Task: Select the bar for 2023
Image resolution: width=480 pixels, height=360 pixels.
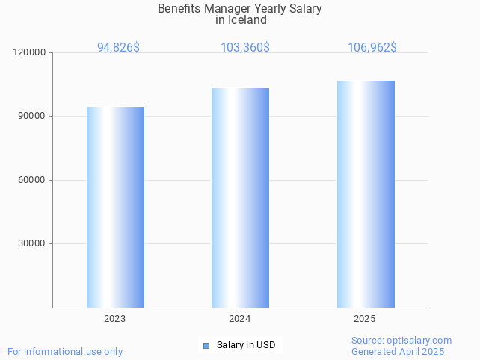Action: [x=115, y=207]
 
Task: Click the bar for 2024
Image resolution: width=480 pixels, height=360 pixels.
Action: [x=240, y=198]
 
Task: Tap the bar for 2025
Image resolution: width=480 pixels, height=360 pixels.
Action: [x=366, y=194]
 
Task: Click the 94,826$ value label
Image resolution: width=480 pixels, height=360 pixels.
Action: [x=118, y=47]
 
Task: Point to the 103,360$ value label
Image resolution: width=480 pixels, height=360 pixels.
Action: [x=245, y=47]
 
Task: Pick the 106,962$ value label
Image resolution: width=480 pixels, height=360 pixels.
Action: [x=372, y=47]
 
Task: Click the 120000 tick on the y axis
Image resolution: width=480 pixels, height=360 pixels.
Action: [x=30, y=52]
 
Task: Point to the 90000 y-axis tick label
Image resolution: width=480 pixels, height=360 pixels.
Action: [x=32, y=117]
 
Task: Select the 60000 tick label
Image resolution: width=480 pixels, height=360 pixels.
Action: [x=32, y=180]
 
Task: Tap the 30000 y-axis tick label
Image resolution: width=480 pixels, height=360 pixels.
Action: [x=32, y=243]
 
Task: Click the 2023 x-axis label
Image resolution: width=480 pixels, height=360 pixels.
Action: [x=115, y=319]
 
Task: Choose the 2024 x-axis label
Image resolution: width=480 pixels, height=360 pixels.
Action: [x=240, y=319]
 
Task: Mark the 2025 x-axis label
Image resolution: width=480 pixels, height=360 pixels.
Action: [x=365, y=319]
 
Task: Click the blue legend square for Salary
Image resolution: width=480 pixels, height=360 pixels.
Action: [x=206, y=345]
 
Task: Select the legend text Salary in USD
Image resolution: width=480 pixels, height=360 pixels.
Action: [x=246, y=345]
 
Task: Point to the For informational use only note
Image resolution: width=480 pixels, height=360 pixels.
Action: [x=65, y=351]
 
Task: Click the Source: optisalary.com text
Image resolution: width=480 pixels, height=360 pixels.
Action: [x=401, y=340]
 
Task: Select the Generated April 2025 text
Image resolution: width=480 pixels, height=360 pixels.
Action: [x=398, y=351]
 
